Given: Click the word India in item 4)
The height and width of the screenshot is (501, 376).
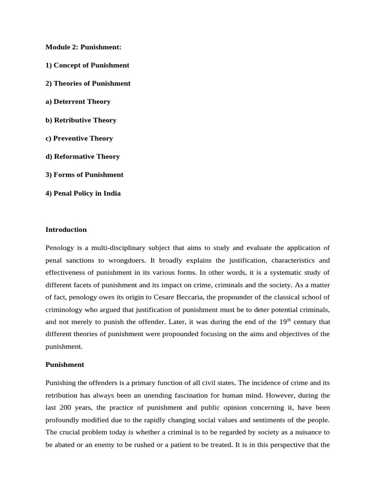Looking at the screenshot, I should (x=112, y=193).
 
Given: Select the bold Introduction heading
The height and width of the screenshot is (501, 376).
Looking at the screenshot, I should (x=66, y=229).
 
